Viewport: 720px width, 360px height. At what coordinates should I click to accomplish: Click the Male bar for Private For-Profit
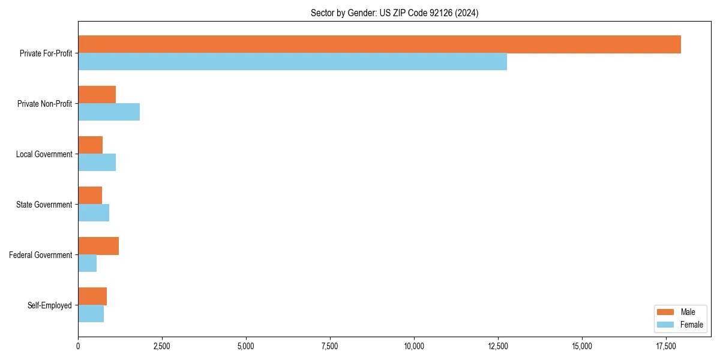[379, 44]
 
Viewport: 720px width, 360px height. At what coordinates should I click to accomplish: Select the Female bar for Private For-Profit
[292, 62]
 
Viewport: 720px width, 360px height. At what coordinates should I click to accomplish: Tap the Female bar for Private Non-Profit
[109, 112]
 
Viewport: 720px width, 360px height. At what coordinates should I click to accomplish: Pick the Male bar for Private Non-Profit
[97, 95]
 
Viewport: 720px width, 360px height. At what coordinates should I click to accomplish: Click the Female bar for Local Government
[97, 163]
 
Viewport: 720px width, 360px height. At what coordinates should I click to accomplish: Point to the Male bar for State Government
[90, 196]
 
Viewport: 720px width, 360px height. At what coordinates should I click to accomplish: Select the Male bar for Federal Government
[98, 246]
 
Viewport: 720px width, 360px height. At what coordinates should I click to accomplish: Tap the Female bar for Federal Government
[87, 263]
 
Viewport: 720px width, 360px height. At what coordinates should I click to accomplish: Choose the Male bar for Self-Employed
[92, 296]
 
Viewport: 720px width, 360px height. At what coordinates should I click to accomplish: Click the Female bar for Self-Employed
[91, 314]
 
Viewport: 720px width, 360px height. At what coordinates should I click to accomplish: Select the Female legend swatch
[665, 325]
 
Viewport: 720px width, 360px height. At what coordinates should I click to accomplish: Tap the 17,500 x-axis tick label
[666, 346]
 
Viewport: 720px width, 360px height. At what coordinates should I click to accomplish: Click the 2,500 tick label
[162, 346]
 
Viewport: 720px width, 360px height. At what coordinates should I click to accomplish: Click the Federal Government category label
[41, 255]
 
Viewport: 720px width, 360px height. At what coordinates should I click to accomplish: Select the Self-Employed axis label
[50, 305]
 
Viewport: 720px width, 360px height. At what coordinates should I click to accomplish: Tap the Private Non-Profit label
[44, 104]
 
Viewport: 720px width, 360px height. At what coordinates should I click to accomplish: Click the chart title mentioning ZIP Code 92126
[394, 13]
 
